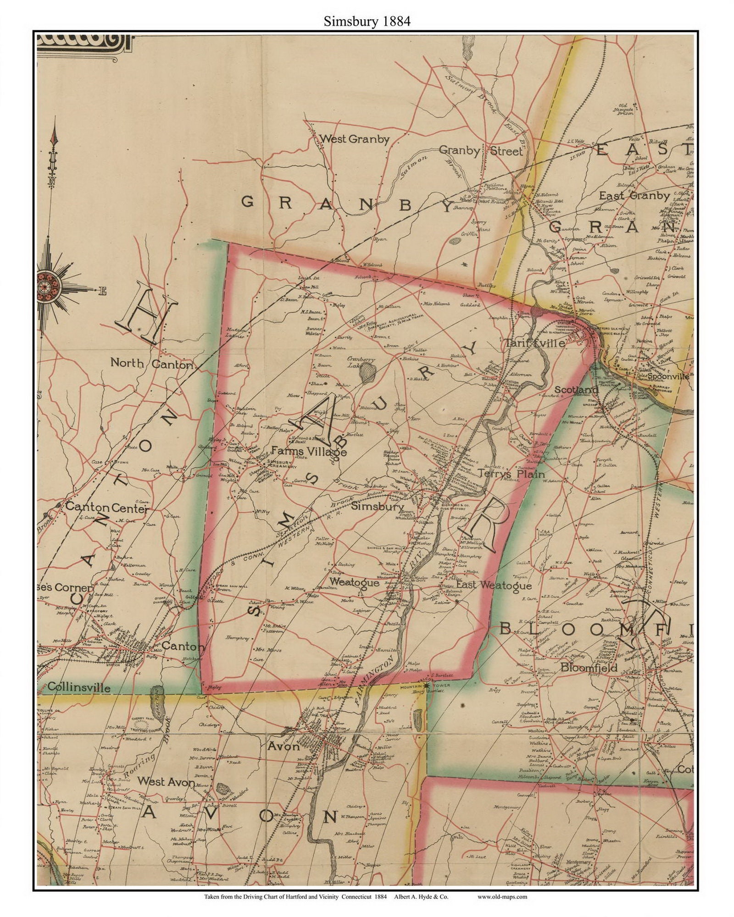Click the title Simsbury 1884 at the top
[x=367, y=22]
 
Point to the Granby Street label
[x=480, y=150]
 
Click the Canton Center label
[x=107, y=508]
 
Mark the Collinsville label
[x=78, y=688]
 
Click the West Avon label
[x=167, y=782]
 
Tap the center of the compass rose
[x=46, y=287]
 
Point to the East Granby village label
[x=634, y=196]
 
